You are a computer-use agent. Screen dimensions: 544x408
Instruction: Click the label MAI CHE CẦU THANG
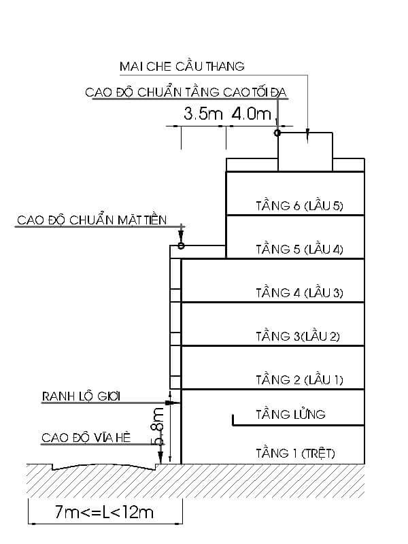click(x=182, y=66)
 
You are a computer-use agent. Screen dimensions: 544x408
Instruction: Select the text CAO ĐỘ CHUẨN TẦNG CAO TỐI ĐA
click(x=187, y=92)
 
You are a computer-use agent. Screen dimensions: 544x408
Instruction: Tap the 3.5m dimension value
click(x=203, y=114)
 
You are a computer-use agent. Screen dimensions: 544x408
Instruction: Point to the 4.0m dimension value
click(x=251, y=114)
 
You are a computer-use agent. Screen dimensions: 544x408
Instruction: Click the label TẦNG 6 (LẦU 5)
click(x=299, y=205)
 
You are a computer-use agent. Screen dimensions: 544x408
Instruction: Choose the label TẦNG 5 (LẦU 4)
click(x=299, y=249)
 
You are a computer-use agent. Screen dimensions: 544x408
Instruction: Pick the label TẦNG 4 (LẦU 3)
click(x=299, y=292)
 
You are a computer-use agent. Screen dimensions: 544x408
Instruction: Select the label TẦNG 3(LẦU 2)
click(x=297, y=336)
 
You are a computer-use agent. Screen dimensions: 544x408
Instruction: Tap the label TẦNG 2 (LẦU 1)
click(x=299, y=379)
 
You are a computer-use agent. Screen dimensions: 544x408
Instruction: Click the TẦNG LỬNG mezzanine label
click(x=290, y=413)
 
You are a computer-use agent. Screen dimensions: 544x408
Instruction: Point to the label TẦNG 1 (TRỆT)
click(x=295, y=452)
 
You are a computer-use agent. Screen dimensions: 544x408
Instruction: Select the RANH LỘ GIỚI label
click(x=81, y=396)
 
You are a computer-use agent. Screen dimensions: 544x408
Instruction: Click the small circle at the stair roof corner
click(x=277, y=133)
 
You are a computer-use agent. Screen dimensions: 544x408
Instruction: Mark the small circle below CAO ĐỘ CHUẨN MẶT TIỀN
click(x=181, y=245)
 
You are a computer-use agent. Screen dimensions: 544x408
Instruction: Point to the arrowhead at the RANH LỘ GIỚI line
click(x=174, y=403)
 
